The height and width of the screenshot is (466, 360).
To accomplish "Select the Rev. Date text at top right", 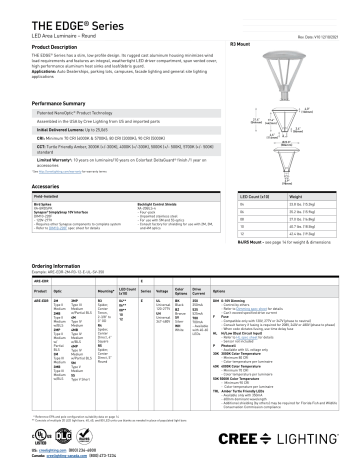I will [x=322, y=39].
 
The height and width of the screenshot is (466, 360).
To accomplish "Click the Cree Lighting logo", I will [x=311, y=441].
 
